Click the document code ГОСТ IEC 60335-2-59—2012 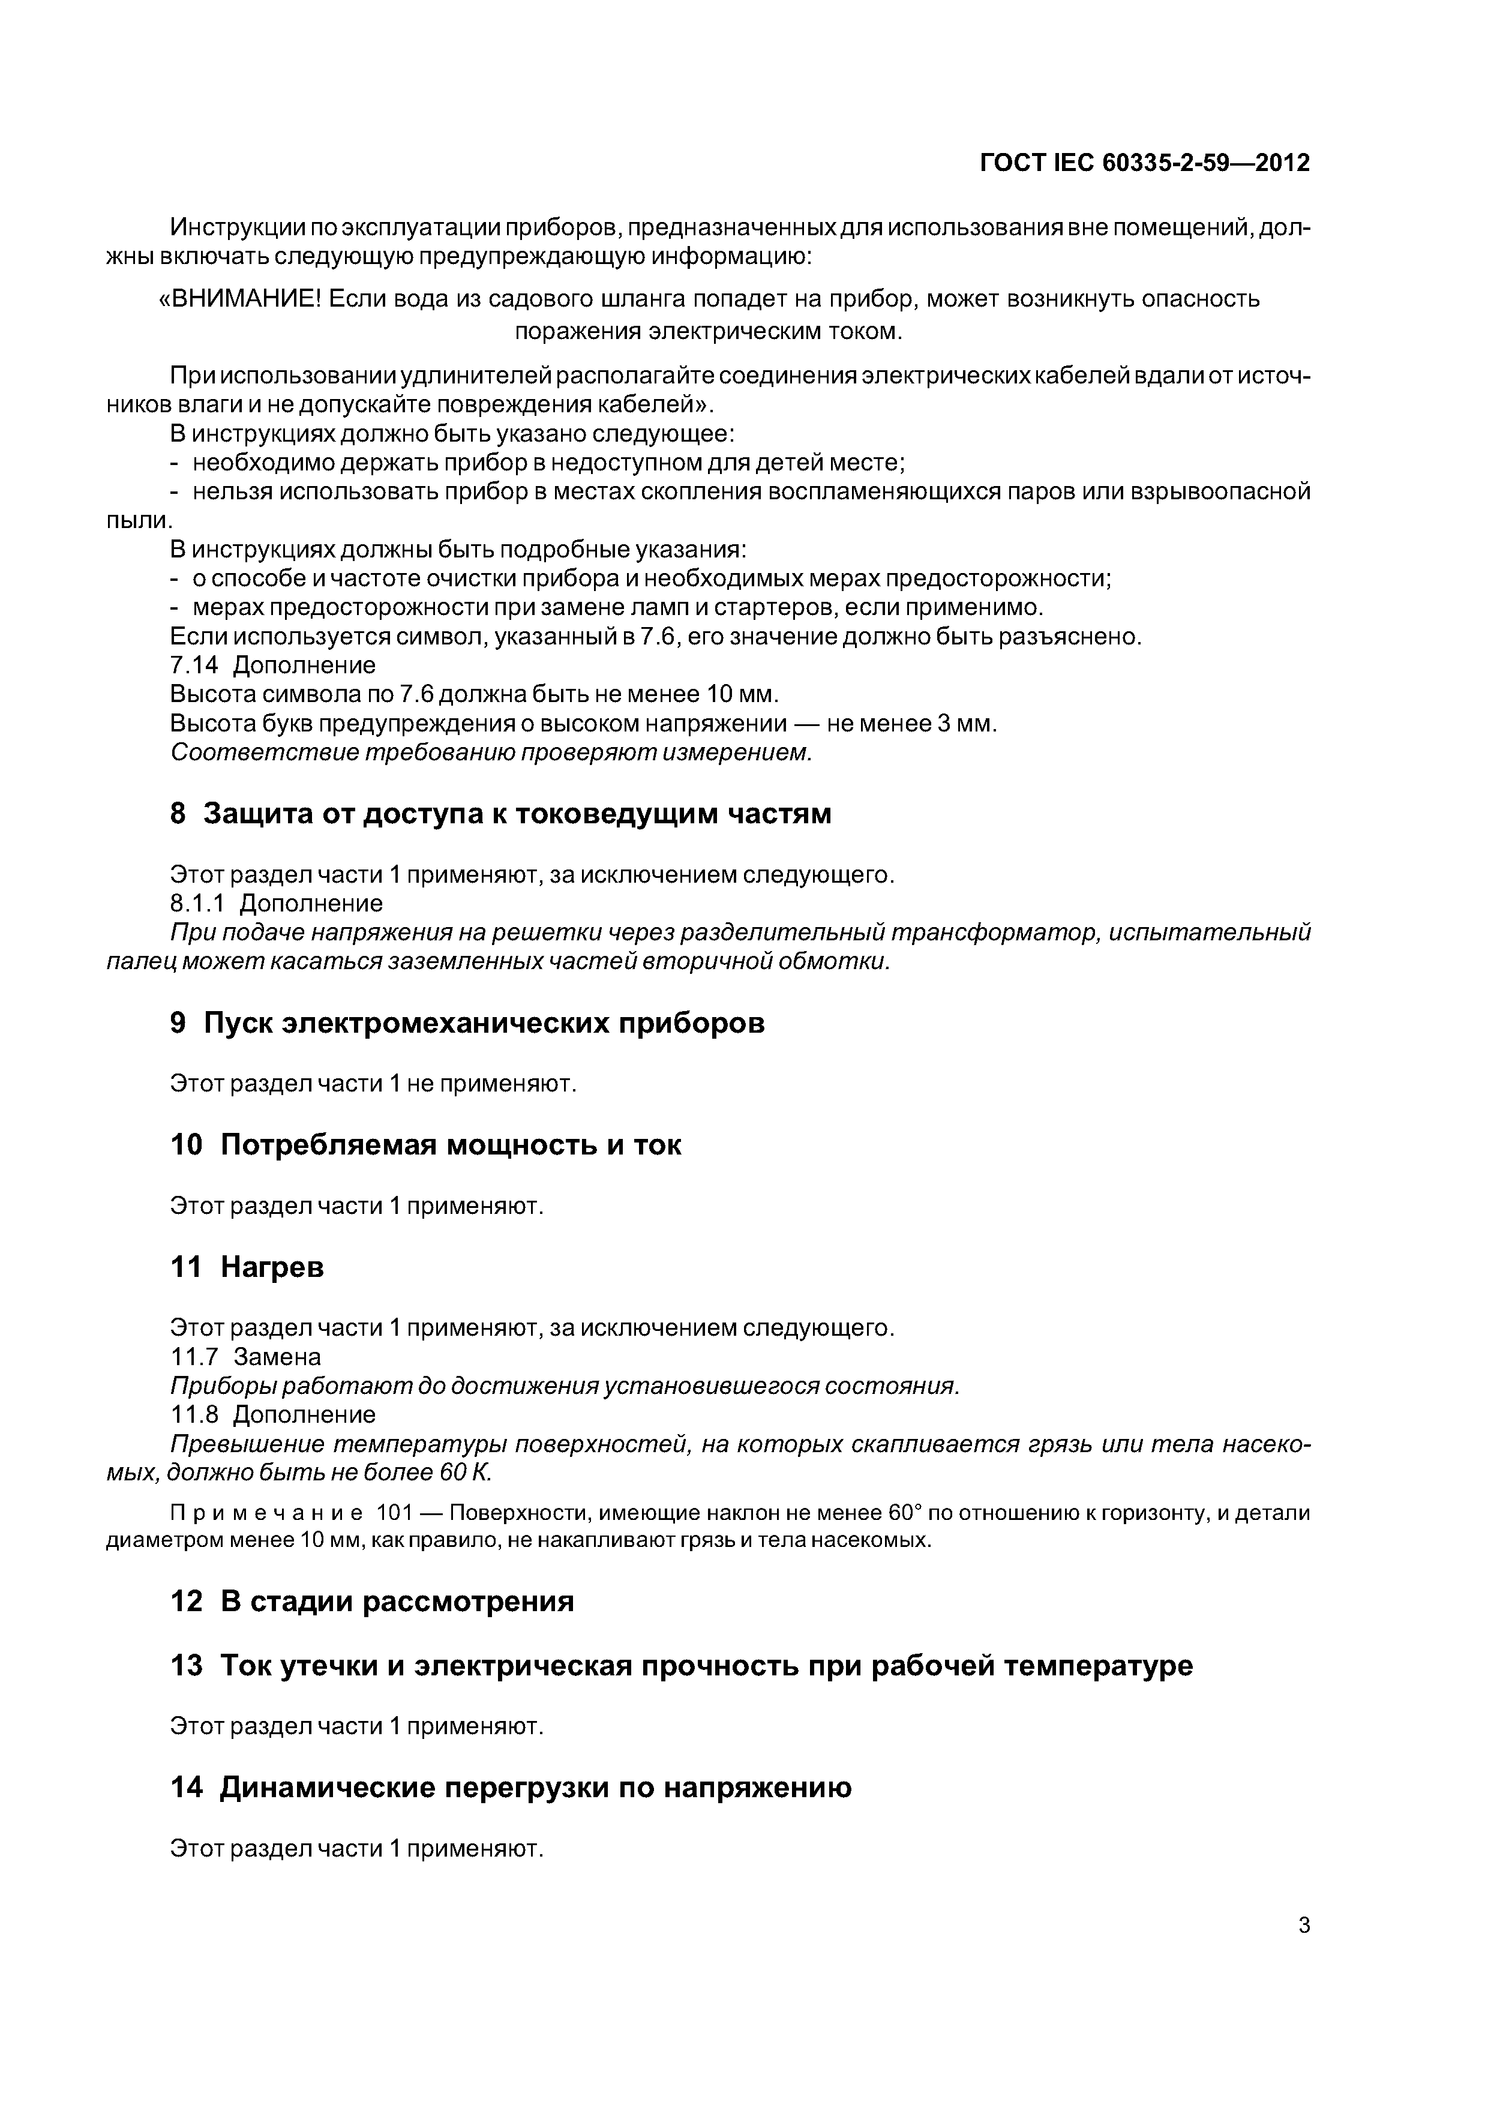1144,163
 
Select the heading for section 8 500,813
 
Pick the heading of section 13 681,1666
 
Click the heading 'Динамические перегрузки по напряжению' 511,1788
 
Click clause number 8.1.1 197,903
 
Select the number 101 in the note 395,1513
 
